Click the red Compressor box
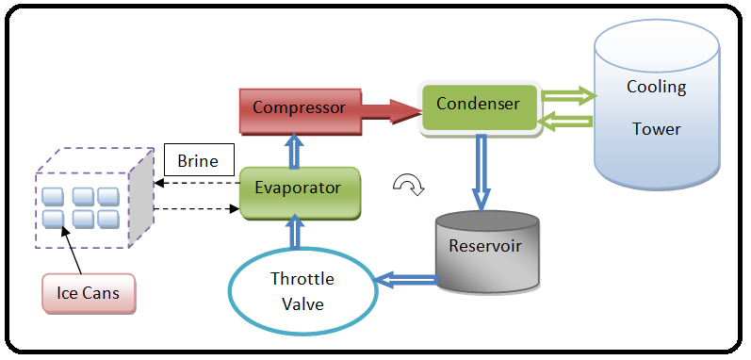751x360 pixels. [301, 110]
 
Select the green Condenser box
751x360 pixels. [479, 108]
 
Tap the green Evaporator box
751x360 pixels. [300, 192]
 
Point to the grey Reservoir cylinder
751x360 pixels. [487, 251]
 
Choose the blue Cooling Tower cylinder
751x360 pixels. [657, 104]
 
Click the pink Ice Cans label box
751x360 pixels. [89, 293]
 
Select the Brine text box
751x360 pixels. [199, 159]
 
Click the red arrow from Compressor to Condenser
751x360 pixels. [392, 112]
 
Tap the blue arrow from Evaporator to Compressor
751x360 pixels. [295, 151]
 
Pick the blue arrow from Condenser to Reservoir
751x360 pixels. [481, 172]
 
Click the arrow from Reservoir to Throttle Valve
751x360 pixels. [407, 281]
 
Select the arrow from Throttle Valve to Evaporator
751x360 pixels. [295, 233]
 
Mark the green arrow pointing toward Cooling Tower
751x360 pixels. [568, 97]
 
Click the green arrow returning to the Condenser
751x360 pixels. [565, 122]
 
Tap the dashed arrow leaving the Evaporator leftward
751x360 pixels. [196, 183]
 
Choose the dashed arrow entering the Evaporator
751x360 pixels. [196, 208]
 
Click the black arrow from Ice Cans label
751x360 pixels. [71, 251]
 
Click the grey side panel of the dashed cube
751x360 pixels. [141, 198]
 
